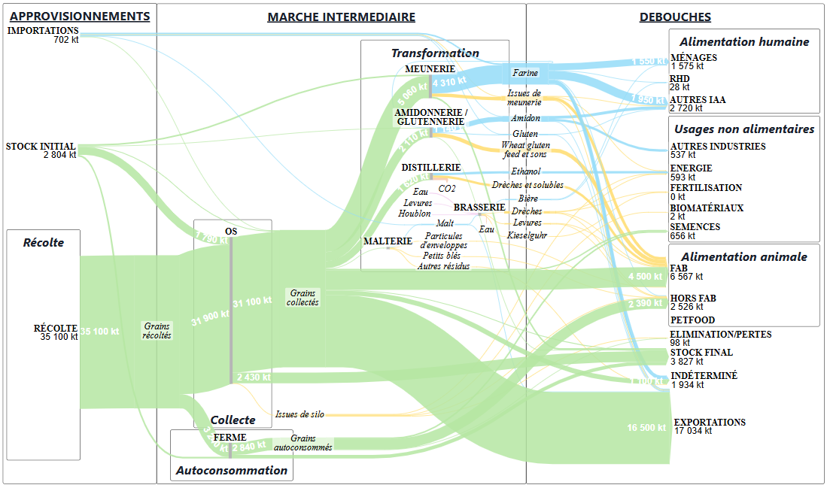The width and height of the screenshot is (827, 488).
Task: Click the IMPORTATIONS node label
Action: (43, 31)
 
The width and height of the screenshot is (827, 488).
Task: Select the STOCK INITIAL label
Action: (41, 147)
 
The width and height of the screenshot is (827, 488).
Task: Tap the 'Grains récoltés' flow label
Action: (157, 331)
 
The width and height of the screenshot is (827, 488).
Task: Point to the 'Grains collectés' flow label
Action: (303, 298)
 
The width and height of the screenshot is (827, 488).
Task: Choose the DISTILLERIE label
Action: (430, 167)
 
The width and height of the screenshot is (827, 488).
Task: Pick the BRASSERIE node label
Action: (479, 207)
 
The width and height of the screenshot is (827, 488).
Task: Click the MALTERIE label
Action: (388, 241)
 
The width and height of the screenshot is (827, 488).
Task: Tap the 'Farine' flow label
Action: (525, 73)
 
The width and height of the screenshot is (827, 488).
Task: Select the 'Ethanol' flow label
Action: (525, 171)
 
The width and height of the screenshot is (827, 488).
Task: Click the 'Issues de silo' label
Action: (297, 414)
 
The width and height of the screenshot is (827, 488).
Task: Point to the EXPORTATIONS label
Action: (710, 423)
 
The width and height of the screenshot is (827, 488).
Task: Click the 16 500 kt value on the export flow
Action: (646, 428)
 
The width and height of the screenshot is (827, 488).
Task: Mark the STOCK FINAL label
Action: (701, 353)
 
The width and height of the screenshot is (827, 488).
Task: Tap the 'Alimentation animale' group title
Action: (743, 256)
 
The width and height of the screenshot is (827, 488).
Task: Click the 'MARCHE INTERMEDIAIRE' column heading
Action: (341, 17)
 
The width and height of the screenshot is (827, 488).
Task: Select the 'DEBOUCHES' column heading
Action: (675, 17)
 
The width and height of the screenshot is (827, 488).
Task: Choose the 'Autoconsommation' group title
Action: (231, 471)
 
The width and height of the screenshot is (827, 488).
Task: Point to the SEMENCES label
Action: (695, 227)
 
